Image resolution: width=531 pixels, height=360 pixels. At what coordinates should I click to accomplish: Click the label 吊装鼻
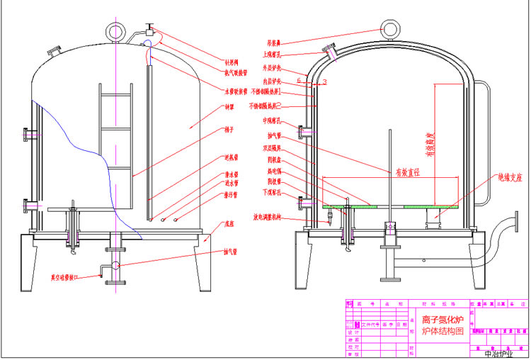coord(273,41)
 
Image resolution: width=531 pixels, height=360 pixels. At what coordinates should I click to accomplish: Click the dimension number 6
coord(298,82)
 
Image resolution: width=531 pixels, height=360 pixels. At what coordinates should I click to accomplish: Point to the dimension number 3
coord(324,83)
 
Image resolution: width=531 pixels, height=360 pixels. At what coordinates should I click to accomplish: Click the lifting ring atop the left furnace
coord(114,30)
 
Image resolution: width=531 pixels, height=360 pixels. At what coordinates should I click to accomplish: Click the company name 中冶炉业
coord(501,353)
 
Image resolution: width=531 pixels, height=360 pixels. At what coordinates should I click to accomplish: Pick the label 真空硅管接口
coord(71,277)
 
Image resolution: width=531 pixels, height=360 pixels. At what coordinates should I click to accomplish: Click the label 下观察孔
coord(273,191)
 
